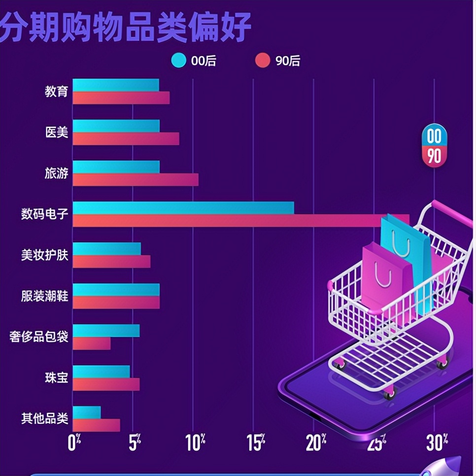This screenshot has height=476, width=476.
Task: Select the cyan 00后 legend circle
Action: (178, 61)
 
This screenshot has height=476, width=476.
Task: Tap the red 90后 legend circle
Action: (263, 61)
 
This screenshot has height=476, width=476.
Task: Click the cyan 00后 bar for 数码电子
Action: (183, 207)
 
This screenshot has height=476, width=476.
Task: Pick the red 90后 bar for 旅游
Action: (136, 179)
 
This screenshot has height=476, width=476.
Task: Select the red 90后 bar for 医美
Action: (126, 138)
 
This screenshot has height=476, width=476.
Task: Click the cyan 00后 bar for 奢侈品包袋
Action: (106, 330)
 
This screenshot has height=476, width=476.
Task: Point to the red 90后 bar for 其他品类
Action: (96, 425)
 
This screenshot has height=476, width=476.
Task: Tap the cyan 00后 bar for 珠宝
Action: (101, 371)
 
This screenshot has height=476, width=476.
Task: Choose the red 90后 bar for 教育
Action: (121, 98)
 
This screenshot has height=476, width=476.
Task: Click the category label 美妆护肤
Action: (44, 255)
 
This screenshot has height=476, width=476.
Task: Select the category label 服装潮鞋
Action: (44, 296)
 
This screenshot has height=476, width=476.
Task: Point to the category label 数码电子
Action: (44, 214)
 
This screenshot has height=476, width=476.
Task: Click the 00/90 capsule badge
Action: (434, 145)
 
